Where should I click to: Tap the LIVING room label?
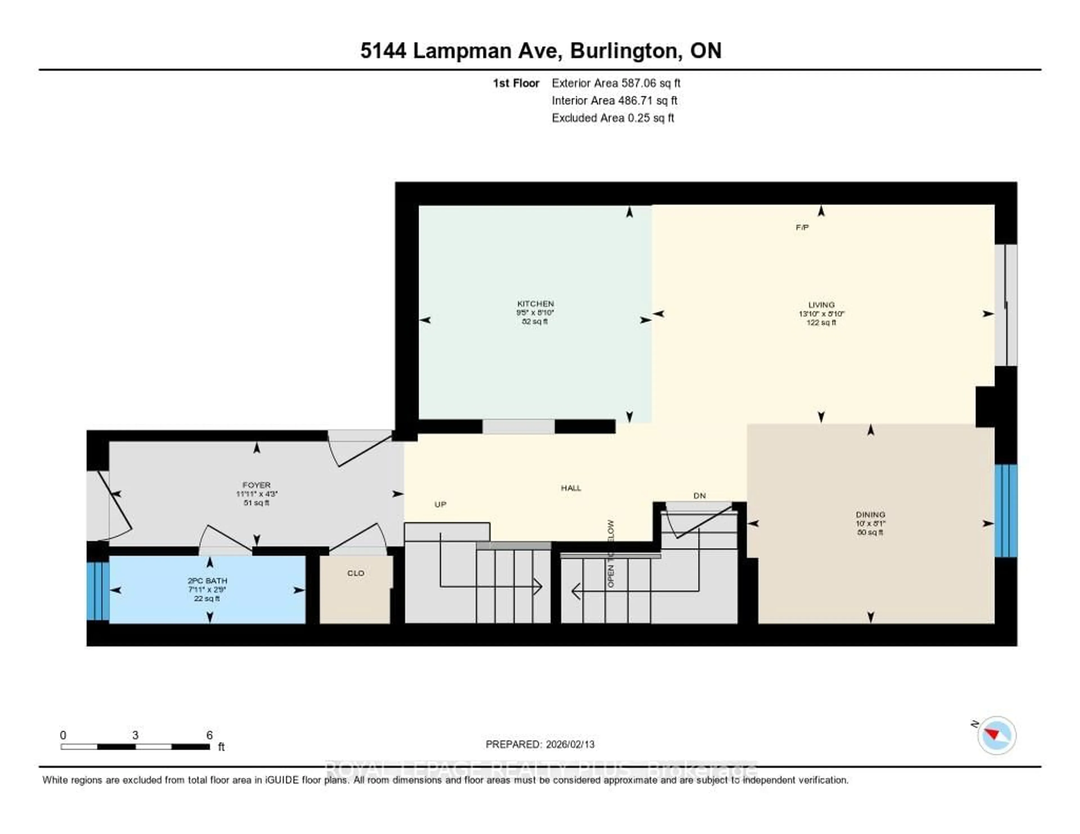(x=821, y=305)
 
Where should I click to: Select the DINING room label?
(x=870, y=514)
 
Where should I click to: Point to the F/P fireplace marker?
(x=802, y=227)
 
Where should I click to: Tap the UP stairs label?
(x=440, y=504)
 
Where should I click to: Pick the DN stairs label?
(x=699, y=495)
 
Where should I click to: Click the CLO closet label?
(x=355, y=573)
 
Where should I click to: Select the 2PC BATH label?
(x=207, y=580)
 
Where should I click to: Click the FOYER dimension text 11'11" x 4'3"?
(x=257, y=493)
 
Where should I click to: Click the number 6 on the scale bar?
(x=209, y=735)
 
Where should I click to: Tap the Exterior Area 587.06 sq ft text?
(x=616, y=83)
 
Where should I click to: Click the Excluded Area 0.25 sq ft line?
(x=613, y=118)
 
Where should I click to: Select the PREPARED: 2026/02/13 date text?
(x=540, y=744)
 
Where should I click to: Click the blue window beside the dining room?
(x=1005, y=510)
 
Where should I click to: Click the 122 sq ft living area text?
(x=821, y=322)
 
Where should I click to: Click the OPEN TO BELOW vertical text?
(x=611, y=554)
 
